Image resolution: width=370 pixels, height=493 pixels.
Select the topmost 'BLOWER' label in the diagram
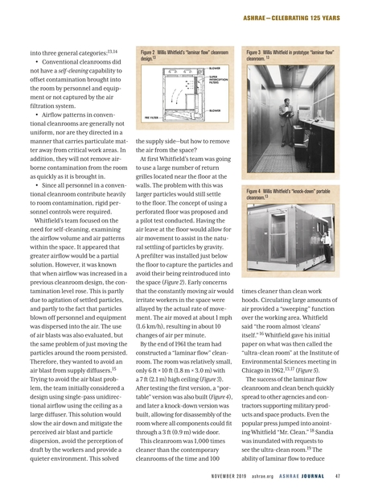point(215,68)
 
